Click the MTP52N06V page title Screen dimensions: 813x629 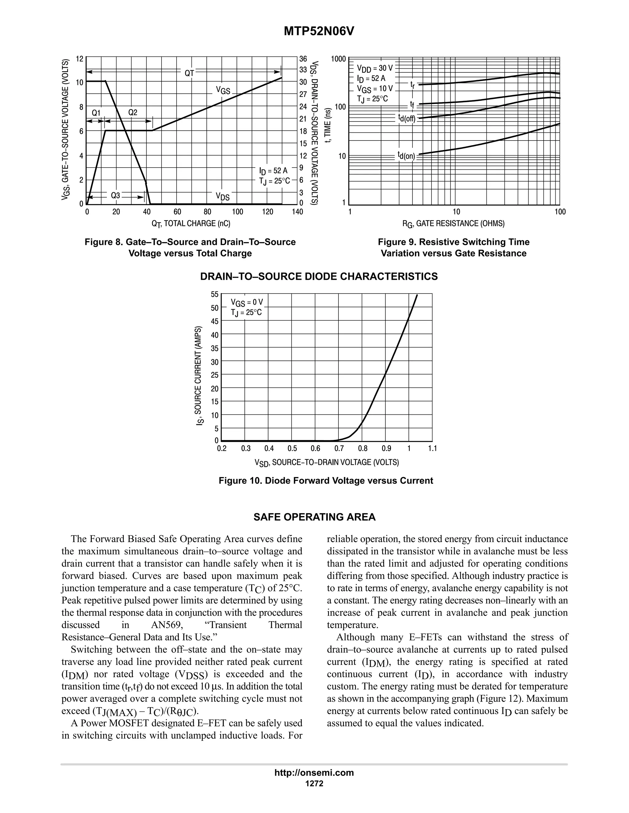pos(318,32)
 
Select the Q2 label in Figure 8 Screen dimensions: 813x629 pos(133,112)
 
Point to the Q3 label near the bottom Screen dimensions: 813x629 pos(115,195)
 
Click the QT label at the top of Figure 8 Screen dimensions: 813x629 pos(189,73)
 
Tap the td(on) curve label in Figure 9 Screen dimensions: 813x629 pos(406,155)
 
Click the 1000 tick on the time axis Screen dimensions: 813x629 pos(339,59)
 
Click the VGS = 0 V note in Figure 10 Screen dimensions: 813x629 pos(247,302)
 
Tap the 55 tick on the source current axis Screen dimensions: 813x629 pos(215,295)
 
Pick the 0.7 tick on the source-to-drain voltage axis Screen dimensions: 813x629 pos(339,449)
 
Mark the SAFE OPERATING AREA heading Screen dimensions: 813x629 pos(314,517)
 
